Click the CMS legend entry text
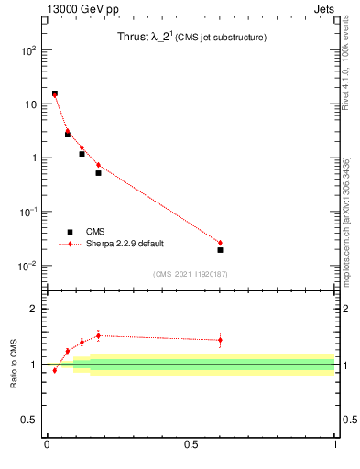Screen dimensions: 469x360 click(x=95, y=232)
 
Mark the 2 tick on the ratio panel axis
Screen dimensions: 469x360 click(x=32, y=309)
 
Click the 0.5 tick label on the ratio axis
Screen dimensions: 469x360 click(x=28, y=420)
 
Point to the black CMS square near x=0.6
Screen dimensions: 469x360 click(x=220, y=249)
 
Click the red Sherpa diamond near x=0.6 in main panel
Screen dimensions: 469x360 click(x=220, y=243)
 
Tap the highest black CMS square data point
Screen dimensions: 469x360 click(x=54, y=93)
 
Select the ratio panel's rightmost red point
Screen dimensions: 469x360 click(x=220, y=340)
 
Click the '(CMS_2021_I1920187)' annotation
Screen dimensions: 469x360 click(x=190, y=274)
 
